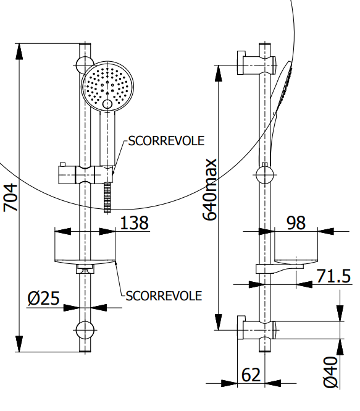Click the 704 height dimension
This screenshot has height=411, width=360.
10,198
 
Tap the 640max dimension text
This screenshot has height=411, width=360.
210,190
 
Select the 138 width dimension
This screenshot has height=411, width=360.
134,222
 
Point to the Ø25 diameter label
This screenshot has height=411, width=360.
43,298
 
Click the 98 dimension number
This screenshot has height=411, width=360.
296,222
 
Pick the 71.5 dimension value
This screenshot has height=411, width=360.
333,276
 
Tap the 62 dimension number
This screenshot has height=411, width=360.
251,375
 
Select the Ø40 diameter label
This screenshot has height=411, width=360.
331,372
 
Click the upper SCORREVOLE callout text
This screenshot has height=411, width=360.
166,141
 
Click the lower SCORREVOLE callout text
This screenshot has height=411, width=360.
164,296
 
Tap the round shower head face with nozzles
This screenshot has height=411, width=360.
107,87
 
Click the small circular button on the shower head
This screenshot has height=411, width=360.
107,104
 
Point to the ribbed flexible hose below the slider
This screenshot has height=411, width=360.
107,198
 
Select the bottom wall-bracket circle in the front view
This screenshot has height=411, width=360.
85,330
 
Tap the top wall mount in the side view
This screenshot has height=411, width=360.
257,63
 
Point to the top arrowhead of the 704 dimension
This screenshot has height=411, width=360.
19,51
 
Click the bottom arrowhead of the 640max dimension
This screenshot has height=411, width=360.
219,322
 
